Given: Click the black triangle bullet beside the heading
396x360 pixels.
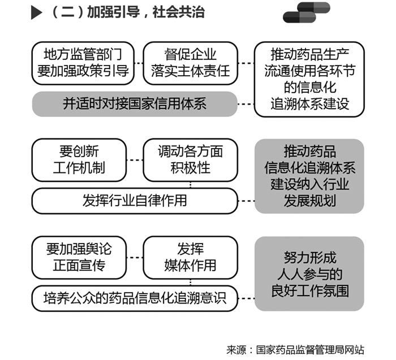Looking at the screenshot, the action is (36, 12).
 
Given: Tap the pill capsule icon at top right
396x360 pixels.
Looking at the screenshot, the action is (307, 12).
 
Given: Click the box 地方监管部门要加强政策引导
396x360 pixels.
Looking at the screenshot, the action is (83, 63).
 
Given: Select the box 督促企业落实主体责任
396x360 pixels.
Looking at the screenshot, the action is (191, 63).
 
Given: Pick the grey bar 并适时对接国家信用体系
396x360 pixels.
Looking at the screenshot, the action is (135, 104).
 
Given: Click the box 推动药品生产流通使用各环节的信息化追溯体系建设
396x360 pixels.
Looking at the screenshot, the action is (309, 80).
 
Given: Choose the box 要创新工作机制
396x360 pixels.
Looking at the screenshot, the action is (79, 160).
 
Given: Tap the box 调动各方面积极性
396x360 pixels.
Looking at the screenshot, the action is (191, 160).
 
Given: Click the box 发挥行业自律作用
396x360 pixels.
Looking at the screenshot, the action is (135, 201).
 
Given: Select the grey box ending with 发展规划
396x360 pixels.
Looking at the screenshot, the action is (309, 176).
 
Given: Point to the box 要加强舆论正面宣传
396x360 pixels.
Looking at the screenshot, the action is (79, 258).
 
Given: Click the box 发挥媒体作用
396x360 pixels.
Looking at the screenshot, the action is (191, 258).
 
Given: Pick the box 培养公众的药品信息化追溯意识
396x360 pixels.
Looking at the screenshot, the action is (135, 298).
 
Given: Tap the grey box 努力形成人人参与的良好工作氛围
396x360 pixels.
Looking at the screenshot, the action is (309, 274).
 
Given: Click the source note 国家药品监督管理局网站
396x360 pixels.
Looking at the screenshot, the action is (310, 350).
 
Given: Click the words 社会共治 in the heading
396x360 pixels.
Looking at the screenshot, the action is (179, 12).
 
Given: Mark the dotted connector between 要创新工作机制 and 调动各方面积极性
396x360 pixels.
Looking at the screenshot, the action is (135, 160).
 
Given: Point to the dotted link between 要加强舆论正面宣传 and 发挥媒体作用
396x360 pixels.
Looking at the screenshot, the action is (135, 258).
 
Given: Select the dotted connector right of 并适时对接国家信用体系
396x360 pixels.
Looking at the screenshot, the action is (246, 104).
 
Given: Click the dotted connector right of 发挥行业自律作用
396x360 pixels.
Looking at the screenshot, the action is (246, 201).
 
